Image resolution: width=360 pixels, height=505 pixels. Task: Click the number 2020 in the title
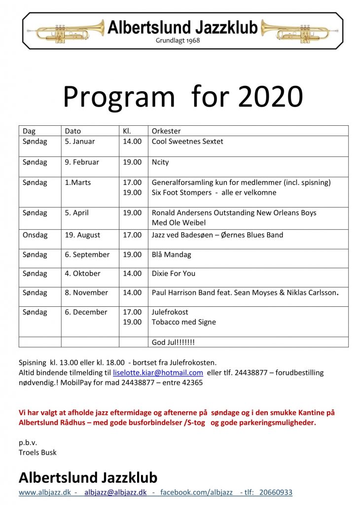pos(270,97)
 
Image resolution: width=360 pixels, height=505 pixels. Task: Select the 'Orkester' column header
pos(166,131)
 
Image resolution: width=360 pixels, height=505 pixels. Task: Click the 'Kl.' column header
pos(127,131)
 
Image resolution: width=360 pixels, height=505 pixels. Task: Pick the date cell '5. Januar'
pos(80,142)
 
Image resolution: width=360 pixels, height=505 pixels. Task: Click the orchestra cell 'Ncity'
pos(160,162)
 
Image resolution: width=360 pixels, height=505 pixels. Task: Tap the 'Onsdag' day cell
pos(35,235)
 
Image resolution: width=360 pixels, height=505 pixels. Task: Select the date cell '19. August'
pos(83,235)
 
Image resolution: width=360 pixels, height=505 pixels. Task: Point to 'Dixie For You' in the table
pos(173,273)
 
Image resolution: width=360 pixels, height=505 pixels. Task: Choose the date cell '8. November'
pos(86,292)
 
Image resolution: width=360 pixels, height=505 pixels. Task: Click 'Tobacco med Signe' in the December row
pos(183,322)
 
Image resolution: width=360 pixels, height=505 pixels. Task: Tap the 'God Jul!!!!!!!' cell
pos(173,342)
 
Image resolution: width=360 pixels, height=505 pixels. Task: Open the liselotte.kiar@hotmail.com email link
pos(158,373)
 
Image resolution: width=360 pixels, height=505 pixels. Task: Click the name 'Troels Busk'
pos(37,452)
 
